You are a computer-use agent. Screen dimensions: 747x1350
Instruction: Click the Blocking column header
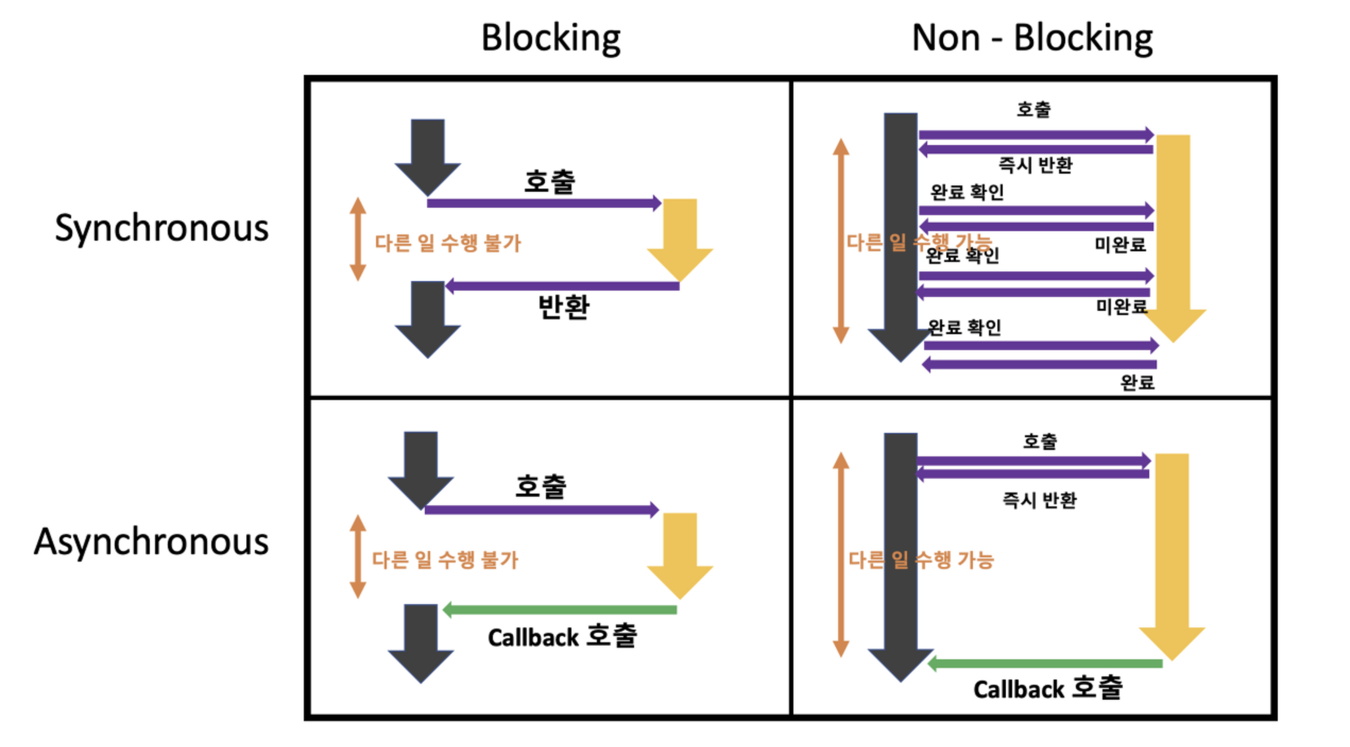click(x=551, y=38)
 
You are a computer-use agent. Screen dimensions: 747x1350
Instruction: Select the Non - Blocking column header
click(x=1032, y=38)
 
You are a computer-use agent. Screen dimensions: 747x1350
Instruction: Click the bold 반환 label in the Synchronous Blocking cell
click(x=563, y=307)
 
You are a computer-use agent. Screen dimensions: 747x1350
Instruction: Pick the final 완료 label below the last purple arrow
click(x=1137, y=382)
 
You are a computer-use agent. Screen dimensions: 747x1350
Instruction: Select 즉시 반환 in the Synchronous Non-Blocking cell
click(x=1036, y=165)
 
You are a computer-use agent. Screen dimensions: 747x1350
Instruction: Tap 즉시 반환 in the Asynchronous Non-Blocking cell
click(x=1039, y=500)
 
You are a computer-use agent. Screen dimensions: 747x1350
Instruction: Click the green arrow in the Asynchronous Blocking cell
click(x=560, y=609)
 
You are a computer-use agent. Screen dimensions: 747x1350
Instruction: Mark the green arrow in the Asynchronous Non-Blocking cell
click(x=1045, y=663)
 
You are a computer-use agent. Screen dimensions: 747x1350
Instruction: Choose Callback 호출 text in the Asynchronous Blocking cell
click(x=562, y=636)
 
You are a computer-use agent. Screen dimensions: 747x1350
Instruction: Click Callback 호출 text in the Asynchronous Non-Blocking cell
click(x=1047, y=689)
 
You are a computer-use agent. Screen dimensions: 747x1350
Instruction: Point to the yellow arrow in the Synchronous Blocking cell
click(x=680, y=237)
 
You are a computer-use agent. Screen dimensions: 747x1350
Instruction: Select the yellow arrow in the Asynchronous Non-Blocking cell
click(x=1172, y=553)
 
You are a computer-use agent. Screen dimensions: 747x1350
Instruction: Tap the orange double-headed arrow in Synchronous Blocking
click(x=358, y=239)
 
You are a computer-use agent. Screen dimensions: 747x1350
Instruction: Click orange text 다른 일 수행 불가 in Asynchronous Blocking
click(x=445, y=560)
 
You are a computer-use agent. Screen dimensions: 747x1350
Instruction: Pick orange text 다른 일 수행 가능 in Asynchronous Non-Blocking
click(x=921, y=560)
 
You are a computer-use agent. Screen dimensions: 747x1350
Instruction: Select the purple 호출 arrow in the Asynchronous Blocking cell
click(x=542, y=510)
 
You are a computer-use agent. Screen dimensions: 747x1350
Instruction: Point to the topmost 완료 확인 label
click(x=967, y=192)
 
